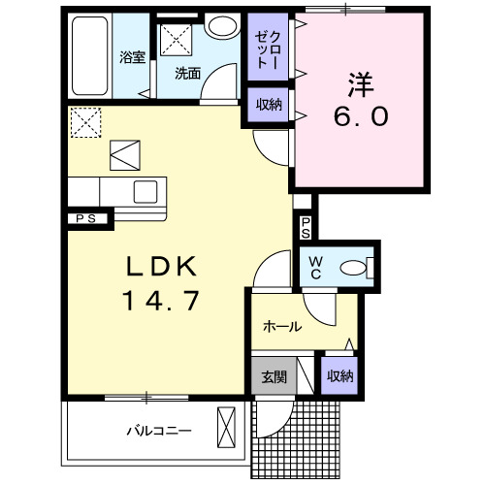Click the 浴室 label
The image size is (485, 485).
pos(132,57)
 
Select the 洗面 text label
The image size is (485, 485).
pos(187,73)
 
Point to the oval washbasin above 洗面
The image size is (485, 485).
pos(222,26)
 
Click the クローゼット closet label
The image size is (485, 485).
pos(267,50)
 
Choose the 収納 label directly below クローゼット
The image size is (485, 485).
pos(268,105)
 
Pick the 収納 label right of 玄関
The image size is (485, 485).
pos(338,376)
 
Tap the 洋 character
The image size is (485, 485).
pos(361,81)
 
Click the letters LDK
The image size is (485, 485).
pos(163,266)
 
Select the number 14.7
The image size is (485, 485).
pos(161,301)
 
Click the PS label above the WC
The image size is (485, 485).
pos(306,228)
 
